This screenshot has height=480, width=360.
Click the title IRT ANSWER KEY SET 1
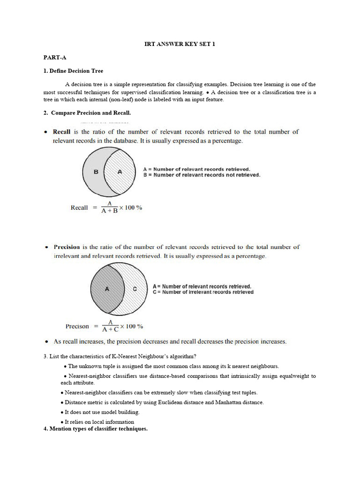179,44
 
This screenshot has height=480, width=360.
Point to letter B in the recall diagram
96,172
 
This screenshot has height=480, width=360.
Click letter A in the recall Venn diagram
120,172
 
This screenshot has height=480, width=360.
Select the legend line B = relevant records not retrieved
201,175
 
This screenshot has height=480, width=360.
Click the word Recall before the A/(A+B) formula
79,208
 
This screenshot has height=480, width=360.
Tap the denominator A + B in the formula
110,211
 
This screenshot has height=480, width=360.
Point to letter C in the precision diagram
135,289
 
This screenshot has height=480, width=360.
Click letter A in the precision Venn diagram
107,289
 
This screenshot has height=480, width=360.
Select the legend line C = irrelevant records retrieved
203,292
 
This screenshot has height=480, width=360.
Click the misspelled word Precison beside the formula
77,326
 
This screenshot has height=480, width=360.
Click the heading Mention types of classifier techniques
96,428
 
